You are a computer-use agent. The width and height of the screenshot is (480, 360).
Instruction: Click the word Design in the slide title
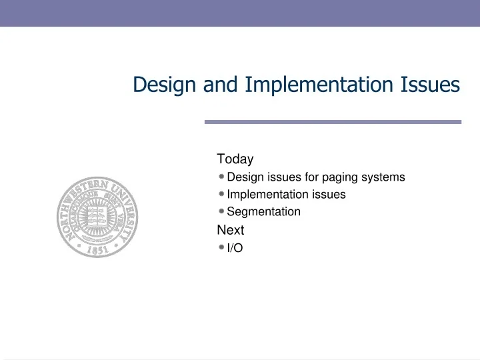pyautogui.click(x=163, y=85)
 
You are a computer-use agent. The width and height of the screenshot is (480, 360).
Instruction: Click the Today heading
pyautogui.click(x=235, y=159)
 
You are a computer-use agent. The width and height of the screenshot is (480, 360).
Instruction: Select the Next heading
pyautogui.click(x=231, y=230)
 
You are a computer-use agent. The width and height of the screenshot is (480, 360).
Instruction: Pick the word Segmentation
pyautogui.click(x=263, y=212)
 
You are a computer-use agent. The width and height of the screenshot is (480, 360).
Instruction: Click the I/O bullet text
pyautogui.click(x=235, y=248)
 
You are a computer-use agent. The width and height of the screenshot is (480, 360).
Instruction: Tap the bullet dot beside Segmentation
pyautogui.click(x=221, y=212)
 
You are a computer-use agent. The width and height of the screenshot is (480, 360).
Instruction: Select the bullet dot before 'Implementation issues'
pyautogui.click(x=221, y=195)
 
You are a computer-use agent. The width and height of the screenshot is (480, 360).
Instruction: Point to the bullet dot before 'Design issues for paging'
pyautogui.click(x=221, y=177)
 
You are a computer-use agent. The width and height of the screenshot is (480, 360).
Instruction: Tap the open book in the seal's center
pyautogui.click(x=97, y=218)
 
